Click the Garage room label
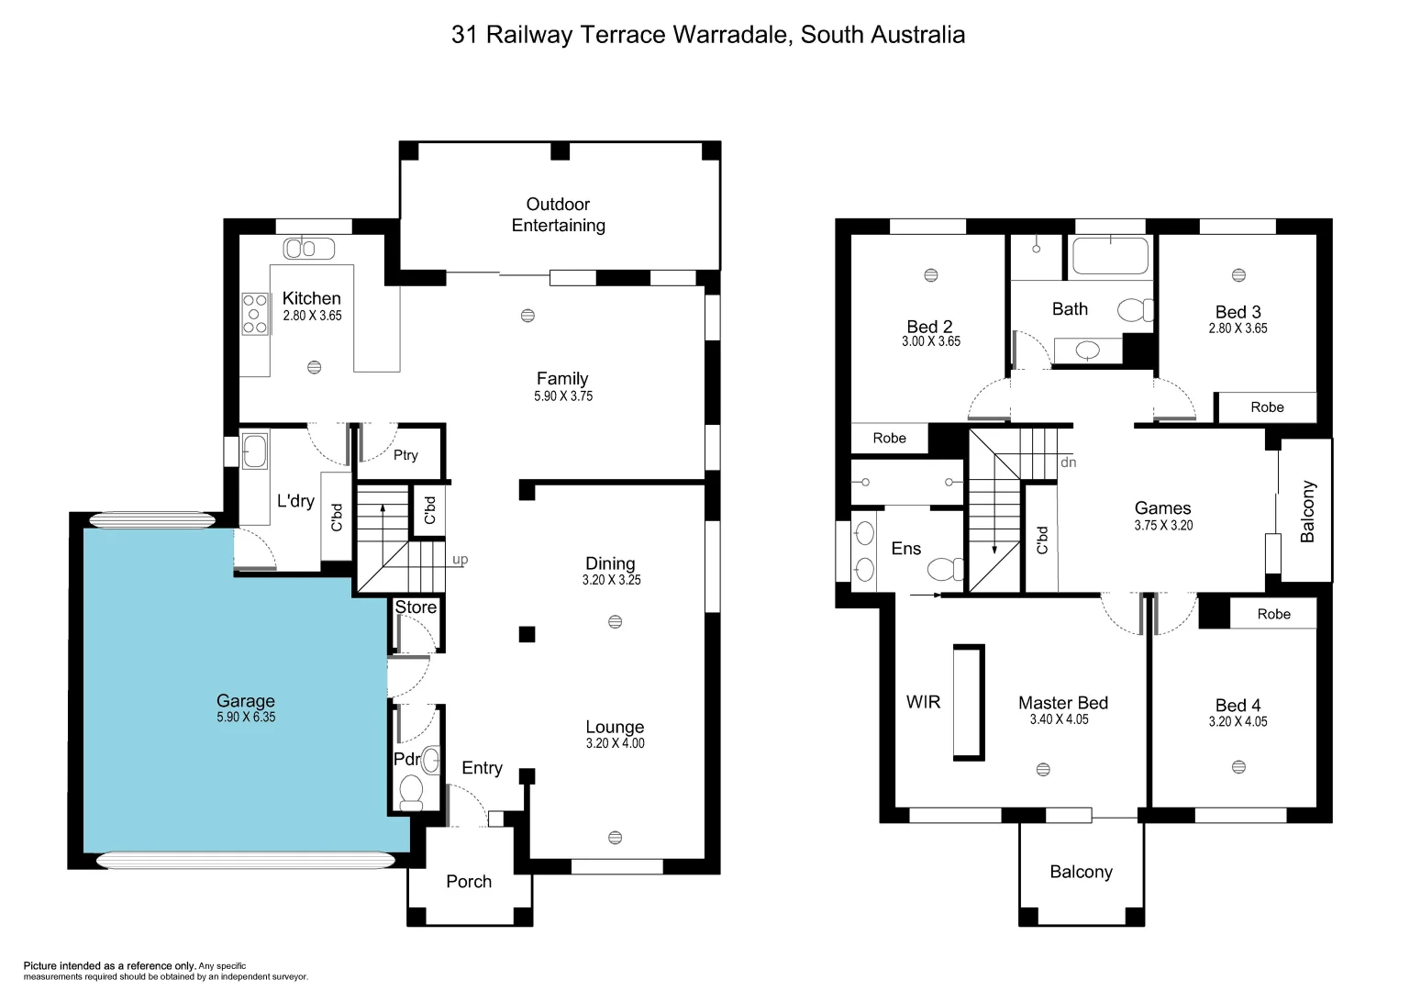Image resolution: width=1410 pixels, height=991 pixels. point(245,700)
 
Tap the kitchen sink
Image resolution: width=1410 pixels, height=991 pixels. point(309,248)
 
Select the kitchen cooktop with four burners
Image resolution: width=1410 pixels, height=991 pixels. point(254,314)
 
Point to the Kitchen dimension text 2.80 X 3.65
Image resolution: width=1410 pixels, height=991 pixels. point(312,316)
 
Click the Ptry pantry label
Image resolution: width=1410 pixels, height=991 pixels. point(405,454)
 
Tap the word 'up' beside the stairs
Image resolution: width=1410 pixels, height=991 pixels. point(460,559)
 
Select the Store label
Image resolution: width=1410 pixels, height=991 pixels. point(416,607)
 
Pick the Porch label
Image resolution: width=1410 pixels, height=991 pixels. point(469,881)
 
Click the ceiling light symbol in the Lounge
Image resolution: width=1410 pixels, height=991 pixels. point(615,837)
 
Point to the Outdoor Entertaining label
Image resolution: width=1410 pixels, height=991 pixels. point(558,215)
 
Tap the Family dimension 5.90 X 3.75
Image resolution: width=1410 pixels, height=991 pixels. point(563,396)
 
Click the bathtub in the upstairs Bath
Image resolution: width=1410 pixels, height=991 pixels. point(1110,256)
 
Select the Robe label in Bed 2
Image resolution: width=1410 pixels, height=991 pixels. point(889,439)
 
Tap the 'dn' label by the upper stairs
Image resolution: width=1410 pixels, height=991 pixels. point(1068,462)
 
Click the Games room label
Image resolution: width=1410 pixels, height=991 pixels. point(1162,507)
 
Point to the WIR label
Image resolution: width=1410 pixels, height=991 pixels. point(923,702)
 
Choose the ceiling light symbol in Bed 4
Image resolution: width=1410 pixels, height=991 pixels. point(1238,767)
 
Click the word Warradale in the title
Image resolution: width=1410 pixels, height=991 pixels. point(730,35)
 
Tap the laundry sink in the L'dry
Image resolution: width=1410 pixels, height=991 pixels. point(254,451)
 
